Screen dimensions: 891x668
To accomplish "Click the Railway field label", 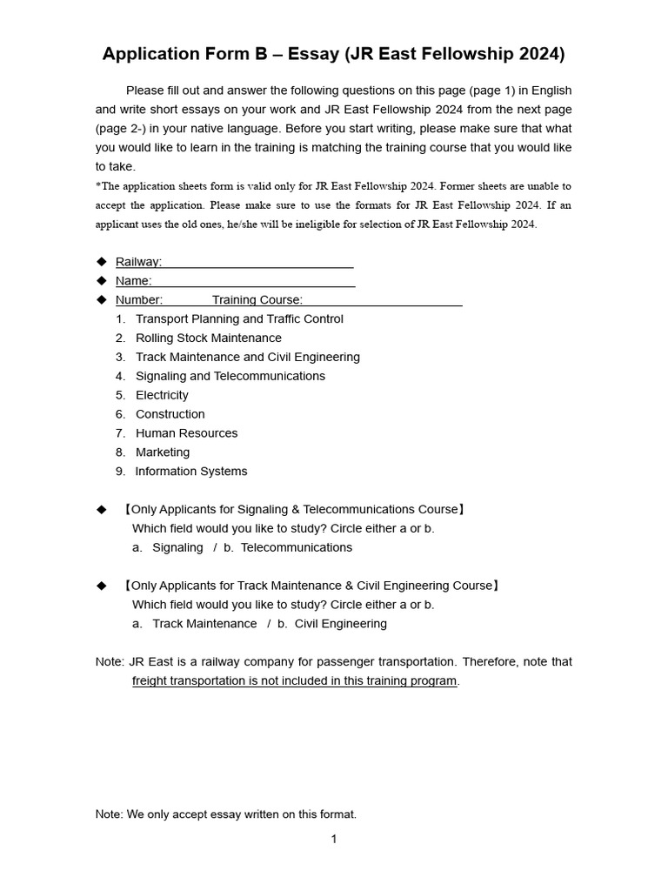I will (x=138, y=262).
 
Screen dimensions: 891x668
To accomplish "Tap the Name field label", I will (x=133, y=281).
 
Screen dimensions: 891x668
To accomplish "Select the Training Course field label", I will (x=257, y=300).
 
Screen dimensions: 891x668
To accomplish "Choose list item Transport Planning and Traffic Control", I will (x=239, y=319).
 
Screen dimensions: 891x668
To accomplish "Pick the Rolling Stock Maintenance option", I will (x=208, y=338).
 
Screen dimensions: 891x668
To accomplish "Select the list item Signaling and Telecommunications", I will (x=230, y=377).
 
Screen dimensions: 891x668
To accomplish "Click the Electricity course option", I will (x=162, y=396).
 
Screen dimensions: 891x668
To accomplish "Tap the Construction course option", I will (x=170, y=415).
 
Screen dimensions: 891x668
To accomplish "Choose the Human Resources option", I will (x=186, y=433).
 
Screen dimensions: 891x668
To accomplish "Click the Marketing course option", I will (x=162, y=452).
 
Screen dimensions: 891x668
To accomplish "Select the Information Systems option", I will (x=190, y=472).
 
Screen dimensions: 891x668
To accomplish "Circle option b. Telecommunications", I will (x=288, y=548).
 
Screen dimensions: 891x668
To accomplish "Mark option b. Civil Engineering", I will (x=332, y=624).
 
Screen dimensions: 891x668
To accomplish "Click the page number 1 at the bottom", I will (x=334, y=840).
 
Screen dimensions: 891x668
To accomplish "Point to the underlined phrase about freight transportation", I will (x=294, y=681).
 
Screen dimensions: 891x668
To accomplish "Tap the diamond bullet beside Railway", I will (x=101, y=262).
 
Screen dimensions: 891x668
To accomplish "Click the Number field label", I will (x=138, y=300).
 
